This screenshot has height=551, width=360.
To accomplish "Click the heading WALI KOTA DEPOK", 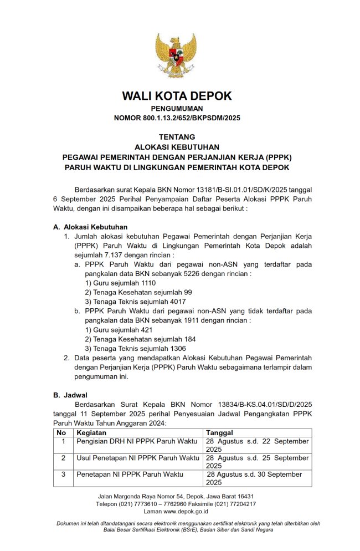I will [x=177, y=96].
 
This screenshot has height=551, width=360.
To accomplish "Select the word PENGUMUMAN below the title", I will [x=177, y=109].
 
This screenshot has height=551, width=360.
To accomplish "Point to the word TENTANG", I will [x=177, y=137].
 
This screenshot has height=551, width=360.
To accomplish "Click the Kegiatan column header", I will [x=91, y=432].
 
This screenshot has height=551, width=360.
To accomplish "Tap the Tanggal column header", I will [x=219, y=432].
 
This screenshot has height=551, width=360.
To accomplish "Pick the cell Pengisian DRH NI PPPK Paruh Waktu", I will [x=137, y=441].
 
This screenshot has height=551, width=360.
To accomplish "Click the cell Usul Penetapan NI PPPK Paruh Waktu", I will [x=138, y=458].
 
